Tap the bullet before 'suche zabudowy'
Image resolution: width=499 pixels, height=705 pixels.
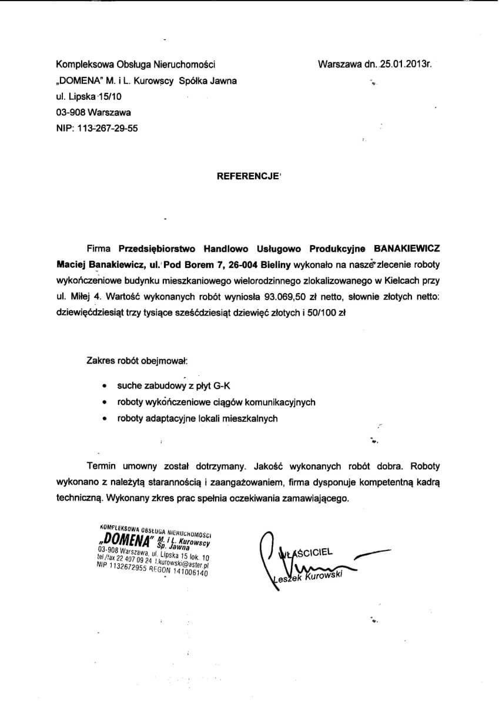point(104,387)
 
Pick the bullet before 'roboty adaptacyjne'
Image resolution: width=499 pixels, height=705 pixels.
point(104,419)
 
